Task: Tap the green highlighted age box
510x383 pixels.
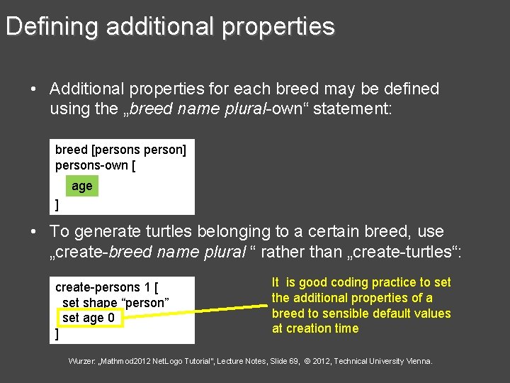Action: point(82,186)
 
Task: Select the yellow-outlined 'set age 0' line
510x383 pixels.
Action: point(89,318)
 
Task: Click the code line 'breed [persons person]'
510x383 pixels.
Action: point(120,150)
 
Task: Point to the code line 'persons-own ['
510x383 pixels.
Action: point(96,165)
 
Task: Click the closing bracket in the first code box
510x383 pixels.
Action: point(57,206)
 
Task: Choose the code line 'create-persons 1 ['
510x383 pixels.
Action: point(106,287)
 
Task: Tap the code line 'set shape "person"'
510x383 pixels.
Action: point(115,303)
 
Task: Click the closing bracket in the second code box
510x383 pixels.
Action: point(57,333)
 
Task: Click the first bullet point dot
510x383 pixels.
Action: point(33,89)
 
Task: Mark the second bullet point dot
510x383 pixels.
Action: point(33,232)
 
